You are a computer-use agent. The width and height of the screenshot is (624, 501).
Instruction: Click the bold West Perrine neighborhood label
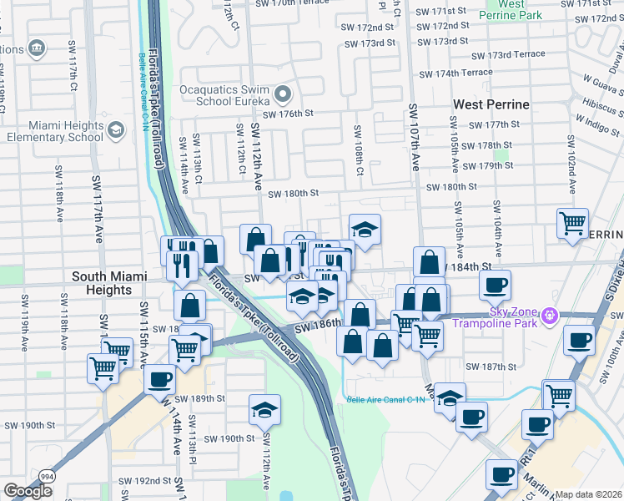point(491,104)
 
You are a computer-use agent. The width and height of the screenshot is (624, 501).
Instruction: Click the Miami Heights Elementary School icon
point(115,130)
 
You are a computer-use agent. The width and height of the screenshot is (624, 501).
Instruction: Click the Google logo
point(28,490)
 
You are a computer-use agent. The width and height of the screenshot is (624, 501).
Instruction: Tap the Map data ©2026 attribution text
point(588,494)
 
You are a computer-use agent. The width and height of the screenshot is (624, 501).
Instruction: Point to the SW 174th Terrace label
point(455,73)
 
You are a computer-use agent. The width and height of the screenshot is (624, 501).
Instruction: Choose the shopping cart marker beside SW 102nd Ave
point(572,222)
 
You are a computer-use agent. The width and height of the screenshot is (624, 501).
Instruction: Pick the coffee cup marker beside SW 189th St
point(159,379)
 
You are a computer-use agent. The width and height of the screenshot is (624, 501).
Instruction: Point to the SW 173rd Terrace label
point(507,55)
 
